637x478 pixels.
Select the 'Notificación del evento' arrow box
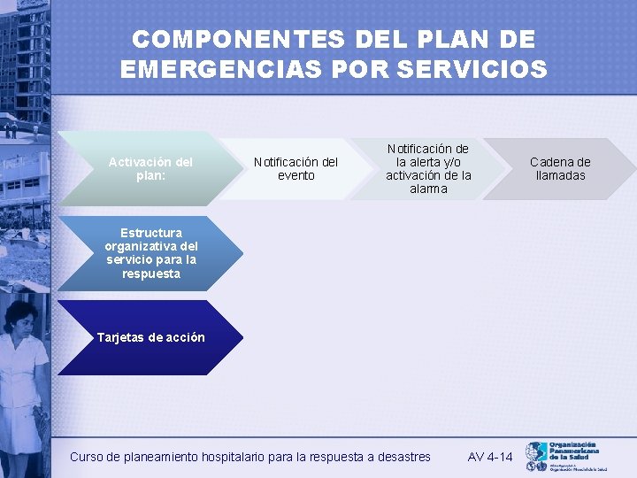coord(295,168)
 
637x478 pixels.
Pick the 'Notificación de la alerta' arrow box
coord(428,168)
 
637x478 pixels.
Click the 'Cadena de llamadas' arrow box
coord(560,168)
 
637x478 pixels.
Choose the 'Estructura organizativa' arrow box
coord(150,253)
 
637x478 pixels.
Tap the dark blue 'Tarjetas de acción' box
coord(150,337)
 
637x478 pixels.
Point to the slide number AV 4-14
coord(490,457)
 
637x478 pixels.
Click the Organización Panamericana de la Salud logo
coord(566,457)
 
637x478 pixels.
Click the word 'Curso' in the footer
coord(87,457)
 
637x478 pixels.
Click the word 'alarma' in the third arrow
coord(428,189)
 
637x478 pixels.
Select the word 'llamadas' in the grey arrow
coord(560,175)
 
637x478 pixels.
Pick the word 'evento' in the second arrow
coord(295,175)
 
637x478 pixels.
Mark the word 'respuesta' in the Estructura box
coord(151,274)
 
